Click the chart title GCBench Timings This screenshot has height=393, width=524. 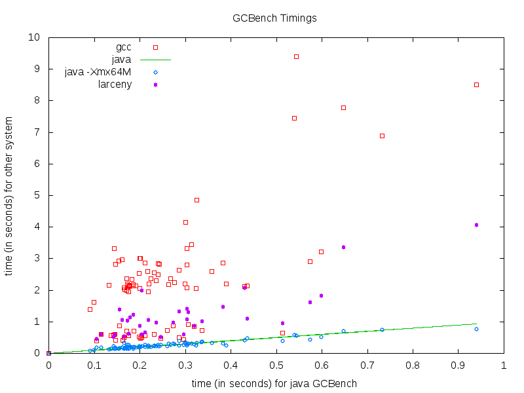pyautogui.click(x=274, y=18)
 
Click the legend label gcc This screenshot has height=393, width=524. pyautogui.click(x=123, y=47)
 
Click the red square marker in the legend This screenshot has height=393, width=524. pyautogui.click(x=155, y=47)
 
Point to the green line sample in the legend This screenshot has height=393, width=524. pyautogui.click(x=155, y=60)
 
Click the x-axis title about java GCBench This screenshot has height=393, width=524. pyautogui.click(x=274, y=383)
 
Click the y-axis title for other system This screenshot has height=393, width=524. pyautogui.click(x=10, y=196)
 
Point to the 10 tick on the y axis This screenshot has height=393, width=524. pyautogui.click(x=35, y=37)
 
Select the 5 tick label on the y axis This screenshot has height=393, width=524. pyautogui.click(x=37, y=195)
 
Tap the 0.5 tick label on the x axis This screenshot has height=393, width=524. pyautogui.click(x=276, y=365)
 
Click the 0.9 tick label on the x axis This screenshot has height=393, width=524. pyautogui.click(x=458, y=365)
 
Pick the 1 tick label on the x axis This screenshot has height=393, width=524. pyautogui.click(x=503, y=365)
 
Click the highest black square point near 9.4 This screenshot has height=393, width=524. pyautogui.click(x=296, y=56)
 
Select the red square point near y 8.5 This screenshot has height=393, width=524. pyautogui.click(x=476, y=84)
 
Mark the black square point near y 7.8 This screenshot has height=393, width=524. pyautogui.click(x=343, y=107)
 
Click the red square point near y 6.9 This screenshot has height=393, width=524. pyautogui.click(x=382, y=136)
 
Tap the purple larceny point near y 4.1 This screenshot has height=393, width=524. pyautogui.click(x=476, y=225)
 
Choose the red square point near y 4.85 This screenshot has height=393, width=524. pyautogui.click(x=196, y=200)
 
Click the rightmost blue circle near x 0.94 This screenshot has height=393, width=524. pyautogui.click(x=476, y=329)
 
